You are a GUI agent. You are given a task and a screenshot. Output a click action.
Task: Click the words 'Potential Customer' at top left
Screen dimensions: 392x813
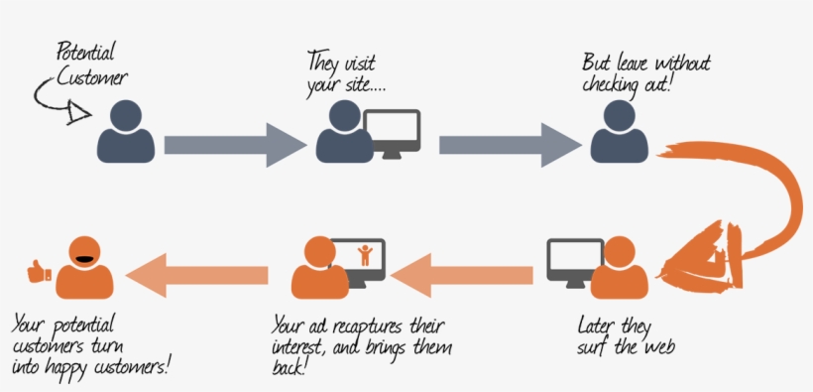tap(88, 64)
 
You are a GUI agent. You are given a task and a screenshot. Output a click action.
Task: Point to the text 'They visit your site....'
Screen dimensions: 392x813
tap(346, 71)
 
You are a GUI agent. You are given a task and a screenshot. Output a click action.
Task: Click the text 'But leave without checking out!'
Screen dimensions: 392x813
tap(645, 71)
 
